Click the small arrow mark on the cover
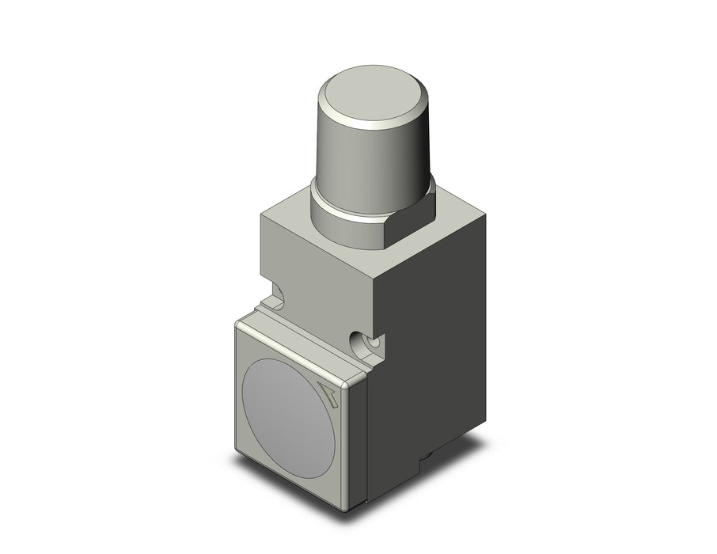(x=328, y=393)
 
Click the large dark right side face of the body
(x=431, y=332)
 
